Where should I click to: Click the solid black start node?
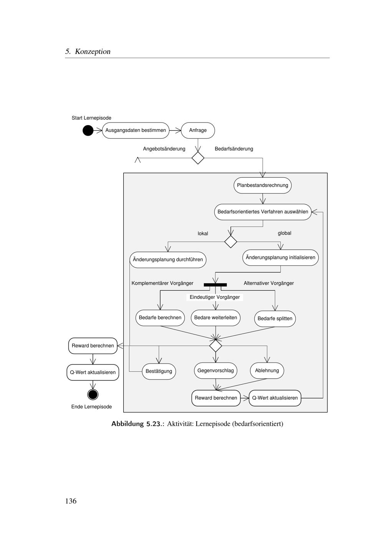pyautogui.click(x=88, y=131)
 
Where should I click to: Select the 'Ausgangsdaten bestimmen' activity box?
pyautogui.click(x=136, y=131)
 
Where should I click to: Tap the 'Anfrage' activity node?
pyautogui.click(x=198, y=131)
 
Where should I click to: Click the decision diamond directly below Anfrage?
pyautogui.click(x=198, y=158)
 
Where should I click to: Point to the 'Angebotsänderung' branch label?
pyautogui.click(x=164, y=149)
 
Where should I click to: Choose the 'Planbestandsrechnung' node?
pyautogui.click(x=262, y=185)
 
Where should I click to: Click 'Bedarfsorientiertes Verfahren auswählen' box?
pyautogui.click(x=263, y=212)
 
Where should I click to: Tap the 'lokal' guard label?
pyautogui.click(x=203, y=233)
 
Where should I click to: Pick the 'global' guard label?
pyautogui.click(x=285, y=233)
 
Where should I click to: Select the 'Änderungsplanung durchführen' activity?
pyautogui.click(x=168, y=260)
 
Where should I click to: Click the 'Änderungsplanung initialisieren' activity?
pyautogui.click(x=280, y=258)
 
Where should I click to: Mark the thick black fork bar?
pyautogui.click(x=215, y=285)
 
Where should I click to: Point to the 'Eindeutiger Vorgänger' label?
pyautogui.click(x=215, y=297)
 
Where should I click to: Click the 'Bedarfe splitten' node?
pyautogui.click(x=275, y=319)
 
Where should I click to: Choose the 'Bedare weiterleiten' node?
pyautogui.click(x=215, y=318)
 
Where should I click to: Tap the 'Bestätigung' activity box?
pyautogui.click(x=159, y=371)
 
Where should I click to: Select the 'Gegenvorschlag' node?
pyautogui.click(x=215, y=371)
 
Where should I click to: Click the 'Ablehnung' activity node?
pyautogui.click(x=267, y=371)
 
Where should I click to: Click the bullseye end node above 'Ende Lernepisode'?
pyautogui.click(x=93, y=394)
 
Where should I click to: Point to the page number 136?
pyautogui.click(x=71, y=501)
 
